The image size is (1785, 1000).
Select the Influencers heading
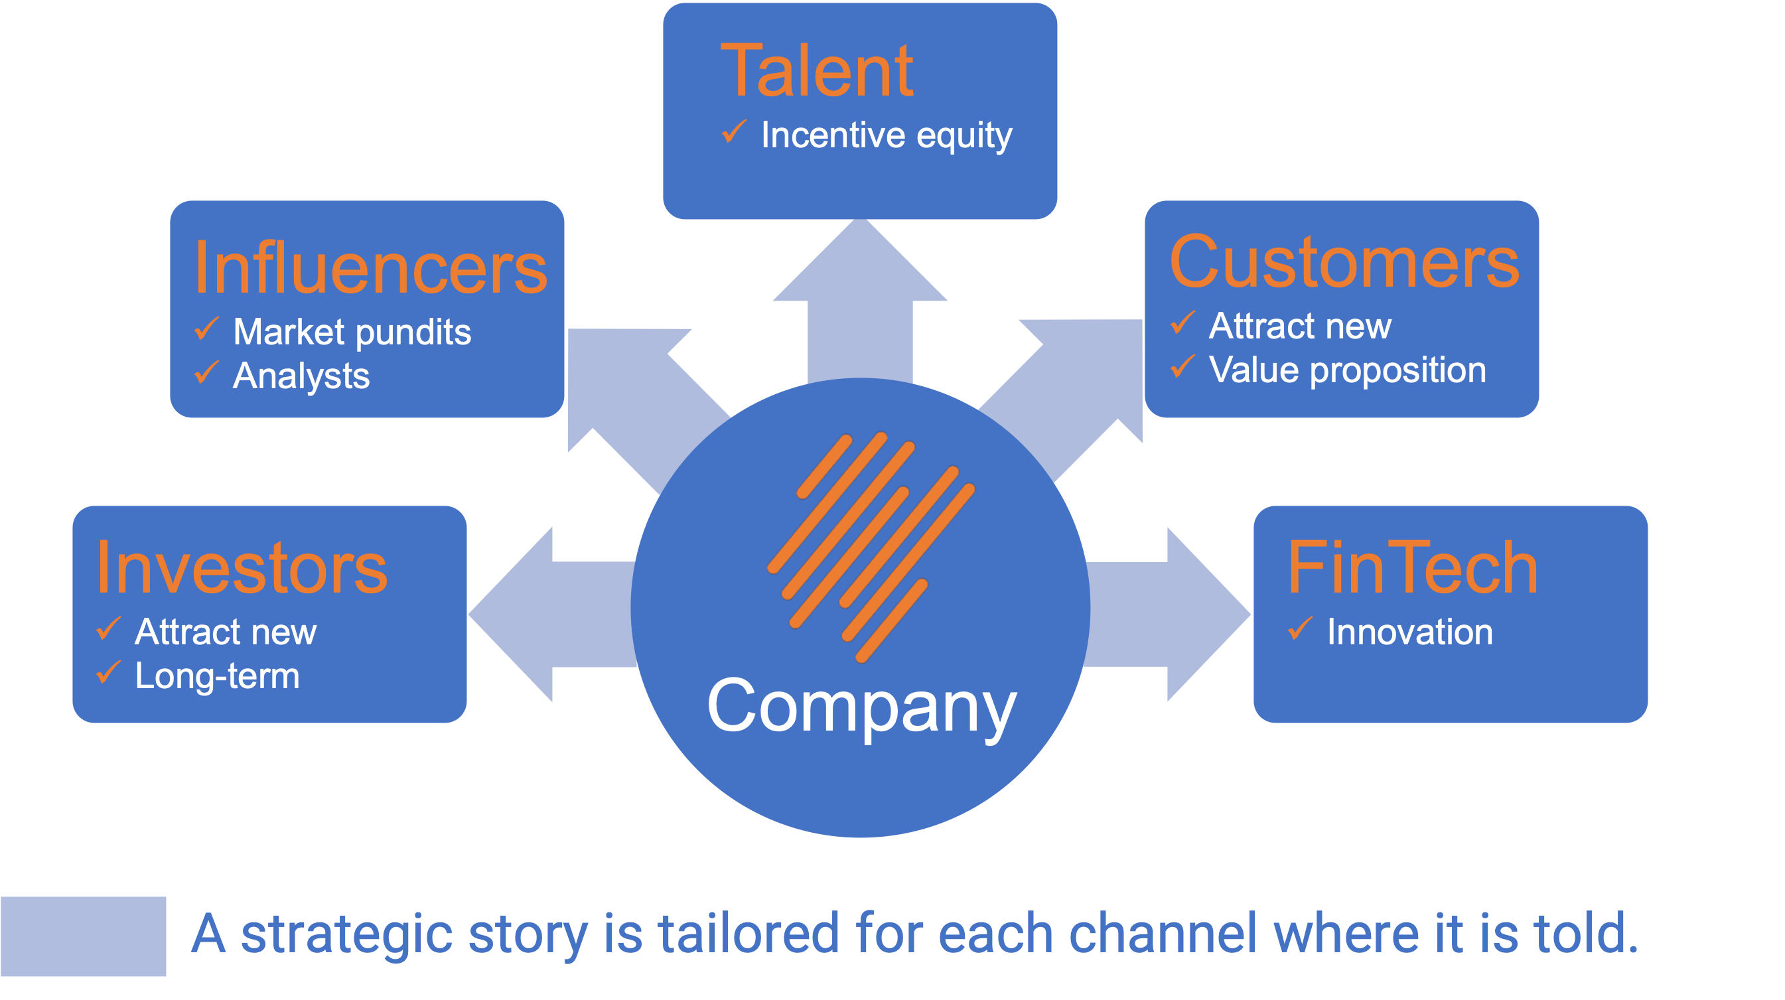[371, 268]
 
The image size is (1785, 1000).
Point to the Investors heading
[242, 568]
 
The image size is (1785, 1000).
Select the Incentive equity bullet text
[887, 135]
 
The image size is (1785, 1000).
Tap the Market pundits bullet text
[352, 332]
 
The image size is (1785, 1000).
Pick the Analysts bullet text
[301, 376]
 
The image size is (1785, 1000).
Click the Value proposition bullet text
[1348, 370]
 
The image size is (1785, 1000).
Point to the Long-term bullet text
[217, 676]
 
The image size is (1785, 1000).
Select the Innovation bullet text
[1409, 632]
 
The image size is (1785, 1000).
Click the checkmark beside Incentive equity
[734, 131]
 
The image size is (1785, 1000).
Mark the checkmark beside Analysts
[206, 372]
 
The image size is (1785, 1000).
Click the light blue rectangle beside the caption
[83, 936]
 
